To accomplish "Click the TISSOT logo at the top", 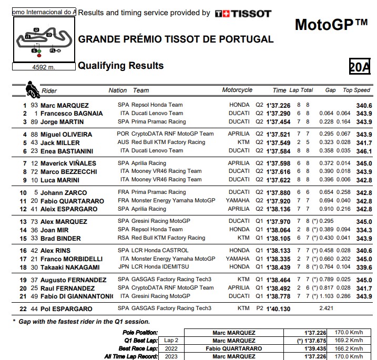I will tap(243, 13).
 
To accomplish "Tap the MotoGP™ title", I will tap(331, 25).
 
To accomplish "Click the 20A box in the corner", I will tap(359, 67).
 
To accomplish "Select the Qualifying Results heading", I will tap(120, 66).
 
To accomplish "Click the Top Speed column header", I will tap(356, 90).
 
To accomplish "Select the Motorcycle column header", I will tap(237, 90).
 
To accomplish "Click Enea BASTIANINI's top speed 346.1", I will tap(363, 151).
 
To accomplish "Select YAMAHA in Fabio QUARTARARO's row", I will tap(238, 201).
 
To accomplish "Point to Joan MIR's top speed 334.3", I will tap(363, 230).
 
